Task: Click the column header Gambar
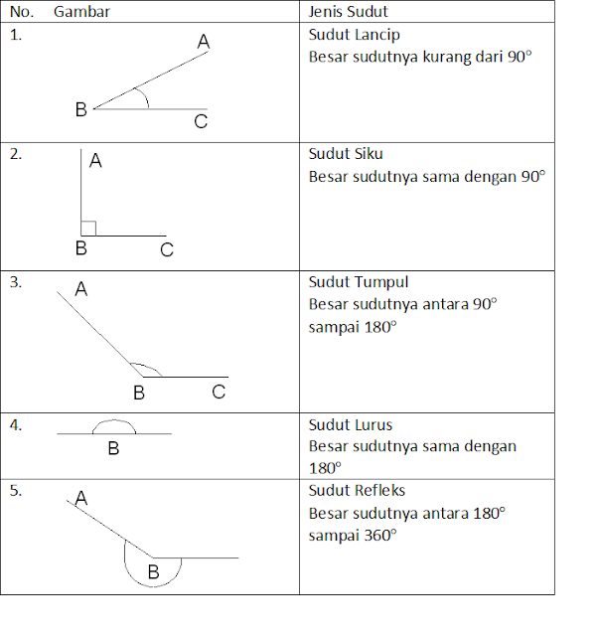coord(81,12)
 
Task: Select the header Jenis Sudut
coord(348,12)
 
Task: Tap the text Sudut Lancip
coord(354,35)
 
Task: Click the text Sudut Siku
coord(345,154)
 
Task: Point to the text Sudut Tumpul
coord(358,282)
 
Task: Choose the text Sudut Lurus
coord(350,425)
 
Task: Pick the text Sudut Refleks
coord(357,490)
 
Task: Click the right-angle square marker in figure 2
coord(88,228)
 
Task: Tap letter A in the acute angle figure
coord(204,42)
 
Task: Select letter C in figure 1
coord(201,122)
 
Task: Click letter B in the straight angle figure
coord(113,449)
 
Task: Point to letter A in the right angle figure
coord(95,160)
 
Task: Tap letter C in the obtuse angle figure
coord(219,393)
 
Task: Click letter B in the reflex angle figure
coord(153,572)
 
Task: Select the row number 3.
coord(16,282)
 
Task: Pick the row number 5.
coord(16,490)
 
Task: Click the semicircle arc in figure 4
coord(113,422)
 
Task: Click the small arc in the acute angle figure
coord(146,99)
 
